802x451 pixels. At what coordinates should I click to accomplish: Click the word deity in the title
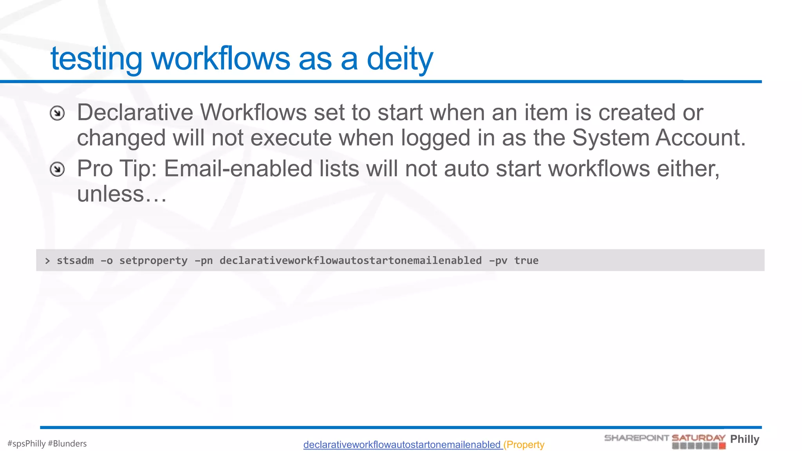coord(399,59)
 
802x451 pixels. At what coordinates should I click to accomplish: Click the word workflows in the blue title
coord(220,59)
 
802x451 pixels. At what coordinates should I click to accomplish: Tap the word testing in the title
coord(96,59)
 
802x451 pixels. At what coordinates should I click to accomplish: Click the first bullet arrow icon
coord(57,114)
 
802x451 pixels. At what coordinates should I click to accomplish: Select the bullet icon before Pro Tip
coord(57,170)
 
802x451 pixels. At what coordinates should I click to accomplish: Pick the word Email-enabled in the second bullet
coord(238,169)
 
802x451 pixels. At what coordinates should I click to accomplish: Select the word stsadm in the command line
coord(75,260)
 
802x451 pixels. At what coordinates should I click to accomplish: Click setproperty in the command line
coord(153,261)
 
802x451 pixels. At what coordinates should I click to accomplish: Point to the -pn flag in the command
coord(204,261)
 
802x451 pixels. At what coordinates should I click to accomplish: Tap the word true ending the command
coord(526,260)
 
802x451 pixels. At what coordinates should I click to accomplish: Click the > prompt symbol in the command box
coord(47,261)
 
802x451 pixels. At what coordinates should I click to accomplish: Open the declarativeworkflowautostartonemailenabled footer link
coord(402,445)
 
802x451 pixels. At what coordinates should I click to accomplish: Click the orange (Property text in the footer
coord(524,445)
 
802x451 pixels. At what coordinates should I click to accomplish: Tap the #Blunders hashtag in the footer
coord(67,444)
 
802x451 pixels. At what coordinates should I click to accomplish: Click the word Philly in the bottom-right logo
coord(744,439)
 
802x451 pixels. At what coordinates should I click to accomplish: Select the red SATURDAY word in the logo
coord(698,438)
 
